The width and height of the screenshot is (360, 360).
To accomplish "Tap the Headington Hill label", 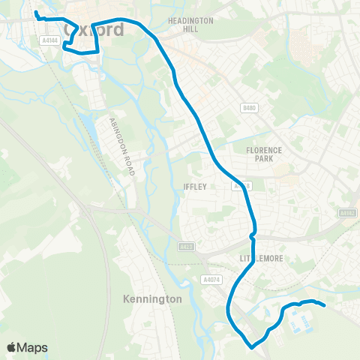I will (190, 24).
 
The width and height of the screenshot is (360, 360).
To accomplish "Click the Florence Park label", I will (264, 154).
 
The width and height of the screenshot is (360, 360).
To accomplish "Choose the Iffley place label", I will (193, 187).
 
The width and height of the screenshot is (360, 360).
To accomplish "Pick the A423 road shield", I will (186, 246).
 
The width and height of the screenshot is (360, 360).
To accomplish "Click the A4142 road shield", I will (346, 213).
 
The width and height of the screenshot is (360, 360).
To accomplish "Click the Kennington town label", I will (151, 298).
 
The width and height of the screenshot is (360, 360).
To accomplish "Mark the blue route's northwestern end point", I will (36, 12).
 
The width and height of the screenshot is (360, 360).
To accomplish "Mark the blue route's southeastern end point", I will (323, 304).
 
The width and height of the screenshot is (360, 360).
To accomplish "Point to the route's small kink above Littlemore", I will (253, 235).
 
